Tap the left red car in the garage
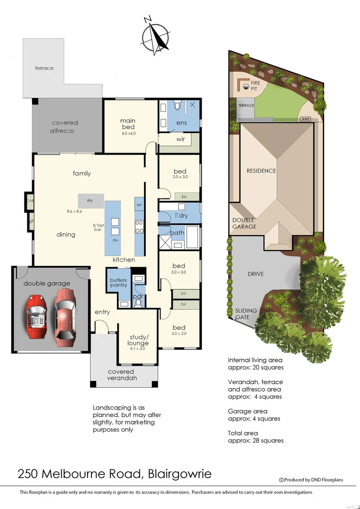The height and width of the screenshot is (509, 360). pyautogui.click(x=36, y=316)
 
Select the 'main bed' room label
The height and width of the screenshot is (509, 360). pyautogui.click(x=128, y=124)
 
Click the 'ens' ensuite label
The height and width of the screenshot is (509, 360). pyautogui.click(x=181, y=123)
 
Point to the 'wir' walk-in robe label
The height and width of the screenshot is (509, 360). pyautogui.click(x=180, y=140)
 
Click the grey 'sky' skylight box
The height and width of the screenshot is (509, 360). pyautogui.click(x=90, y=200)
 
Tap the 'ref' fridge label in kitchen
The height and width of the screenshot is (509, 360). pyautogui.click(x=139, y=205)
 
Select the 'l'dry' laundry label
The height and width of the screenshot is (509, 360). pyautogui.click(x=182, y=215)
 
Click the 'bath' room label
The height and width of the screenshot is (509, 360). pyautogui.click(x=177, y=233)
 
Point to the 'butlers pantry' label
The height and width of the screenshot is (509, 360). pyautogui.click(x=119, y=282)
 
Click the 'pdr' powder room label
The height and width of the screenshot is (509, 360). pyautogui.click(x=139, y=296)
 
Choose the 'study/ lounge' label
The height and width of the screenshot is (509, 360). pyautogui.click(x=138, y=340)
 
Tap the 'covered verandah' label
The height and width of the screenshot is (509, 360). pyautogui.click(x=121, y=375)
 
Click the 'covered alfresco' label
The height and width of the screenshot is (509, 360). pyautogui.click(x=65, y=127)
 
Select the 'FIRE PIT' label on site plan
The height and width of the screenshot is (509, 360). pyautogui.click(x=255, y=85)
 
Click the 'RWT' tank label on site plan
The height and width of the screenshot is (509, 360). pyautogui.click(x=306, y=119)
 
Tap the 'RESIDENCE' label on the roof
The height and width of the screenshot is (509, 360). pyautogui.click(x=261, y=171)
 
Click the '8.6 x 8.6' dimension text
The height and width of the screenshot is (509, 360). pyautogui.click(x=74, y=212)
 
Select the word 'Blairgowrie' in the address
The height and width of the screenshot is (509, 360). pyautogui.click(x=180, y=473)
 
